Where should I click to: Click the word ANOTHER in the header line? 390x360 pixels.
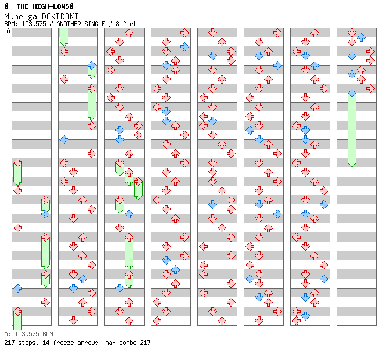[x=69, y=24]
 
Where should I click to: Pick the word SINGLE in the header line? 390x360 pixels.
[x=96, y=24]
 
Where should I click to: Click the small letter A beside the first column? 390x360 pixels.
[x=9, y=31]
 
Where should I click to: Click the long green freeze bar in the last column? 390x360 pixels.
[x=352, y=129]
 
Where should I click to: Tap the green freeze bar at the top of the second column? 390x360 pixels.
[x=64, y=36]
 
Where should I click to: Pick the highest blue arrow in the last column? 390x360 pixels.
[x=361, y=37]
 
